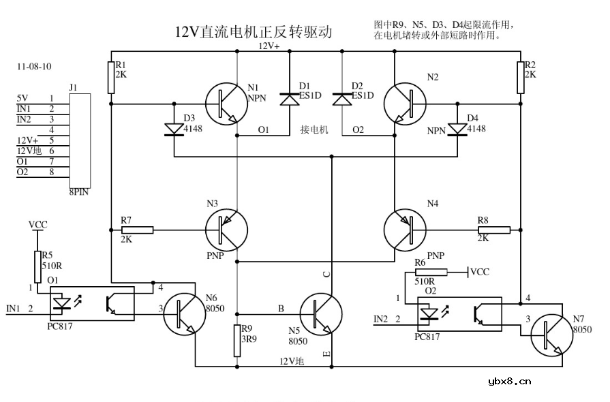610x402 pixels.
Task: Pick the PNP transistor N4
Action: pyautogui.click(x=405, y=230)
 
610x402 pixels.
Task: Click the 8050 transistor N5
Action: pyautogui.click(x=320, y=313)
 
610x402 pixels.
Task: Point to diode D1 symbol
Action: pyautogui.click(x=290, y=99)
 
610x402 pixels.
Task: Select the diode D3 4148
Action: pyautogui.click(x=174, y=128)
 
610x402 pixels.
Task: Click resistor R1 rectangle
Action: pyautogui.click(x=111, y=77)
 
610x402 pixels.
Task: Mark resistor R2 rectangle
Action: pyautogui.click(x=521, y=77)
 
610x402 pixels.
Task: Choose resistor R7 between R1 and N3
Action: pyautogui.click(x=137, y=230)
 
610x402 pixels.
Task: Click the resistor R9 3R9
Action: pyautogui.click(x=237, y=340)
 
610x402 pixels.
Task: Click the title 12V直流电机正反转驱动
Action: pyautogui.click(x=254, y=32)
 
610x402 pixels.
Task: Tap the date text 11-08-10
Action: pyautogui.click(x=34, y=67)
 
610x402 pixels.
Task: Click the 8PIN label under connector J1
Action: pyautogui.click(x=79, y=192)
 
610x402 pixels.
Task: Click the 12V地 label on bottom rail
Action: pyautogui.click(x=291, y=360)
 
